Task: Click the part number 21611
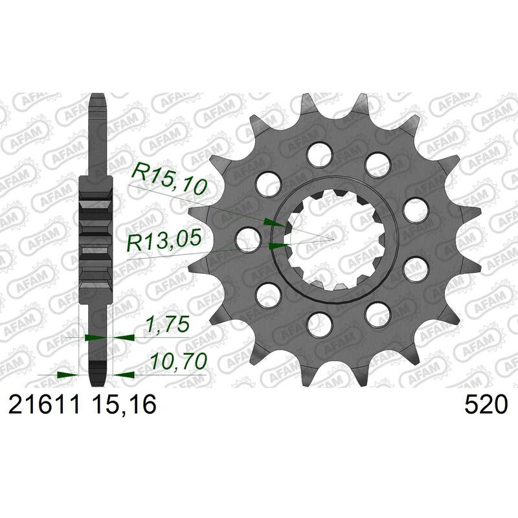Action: pyautogui.click(x=43, y=406)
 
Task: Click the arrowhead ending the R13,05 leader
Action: pyautogui.click(x=276, y=245)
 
